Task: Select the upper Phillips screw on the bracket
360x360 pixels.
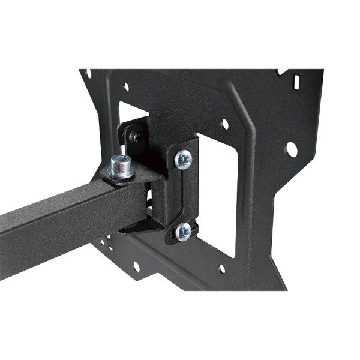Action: [x=183, y=159]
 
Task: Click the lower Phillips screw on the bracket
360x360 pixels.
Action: [x=183, y=231]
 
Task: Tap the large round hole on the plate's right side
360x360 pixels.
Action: [x=292, y=148]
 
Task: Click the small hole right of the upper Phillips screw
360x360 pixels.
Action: [x=225, y=124]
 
